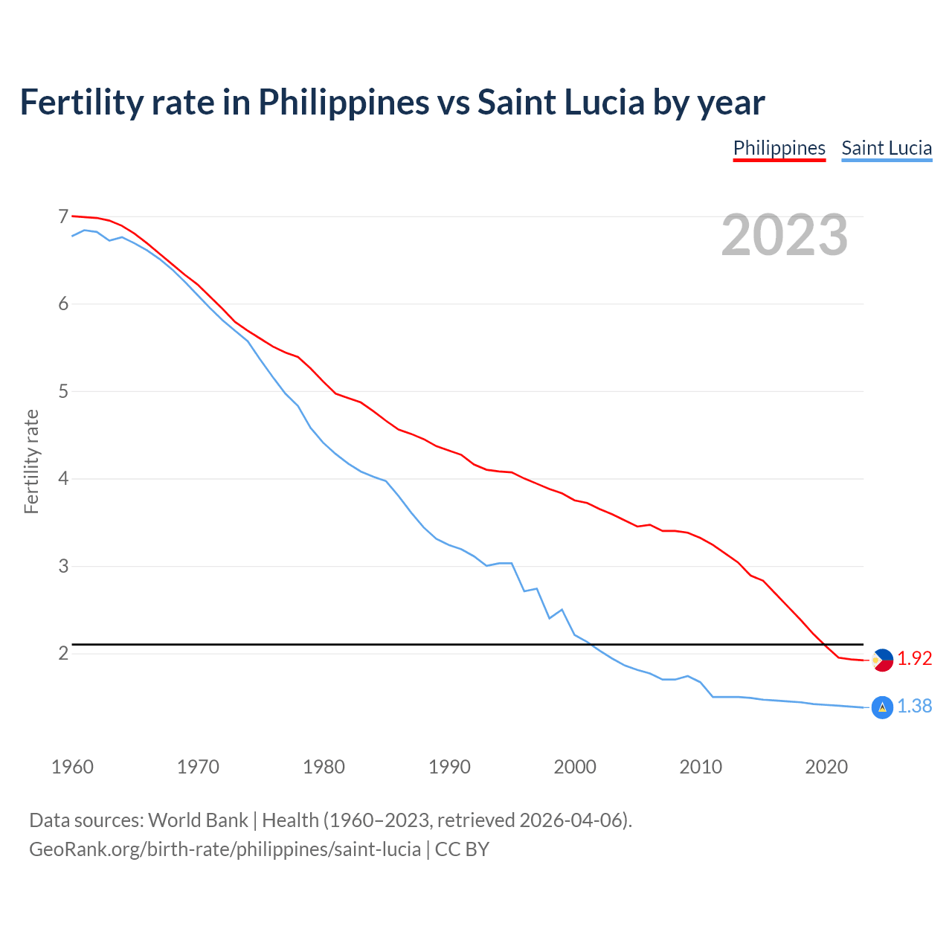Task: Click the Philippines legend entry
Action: pyautogui.click(x=779, y=148)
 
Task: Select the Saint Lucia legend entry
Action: pyautogui.click(x=887, y=148)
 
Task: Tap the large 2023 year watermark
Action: pyautogui.click(x=785, y=235)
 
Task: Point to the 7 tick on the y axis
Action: pyautogui.click(x=63, y=216)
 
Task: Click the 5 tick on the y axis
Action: pyautogui.click(x=63, y=391)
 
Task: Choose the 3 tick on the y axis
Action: pyautogui.click(x=63, y=566)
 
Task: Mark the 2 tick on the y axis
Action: pyautogui.click(x=63, y=653)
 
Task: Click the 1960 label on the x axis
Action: pyautogui.click(x=72, y=767)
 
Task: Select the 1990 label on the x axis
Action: pyautogui.click(x=449, y=767)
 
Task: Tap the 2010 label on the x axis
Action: pyautogui.click(x=701, y=767)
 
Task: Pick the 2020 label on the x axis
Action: pyautogui.click(x=826, y=767)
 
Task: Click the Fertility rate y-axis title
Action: pyautogui.click(x=31, y=461)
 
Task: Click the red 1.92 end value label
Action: pyautogui.click(x=914, y=658)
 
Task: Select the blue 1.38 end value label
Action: pyautogui.click(x=914, y=706)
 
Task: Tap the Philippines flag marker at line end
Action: pyautogui.click(x=882, y=660)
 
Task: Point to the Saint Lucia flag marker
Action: pyautogui.click(x=882, y=707)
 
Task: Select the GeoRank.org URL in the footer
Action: pyautogui.click(x=225, y=849)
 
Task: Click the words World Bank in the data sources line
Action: pyautogui.click(x=198, y=820)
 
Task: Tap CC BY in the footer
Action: pyautogui.click(x=462, y=849)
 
